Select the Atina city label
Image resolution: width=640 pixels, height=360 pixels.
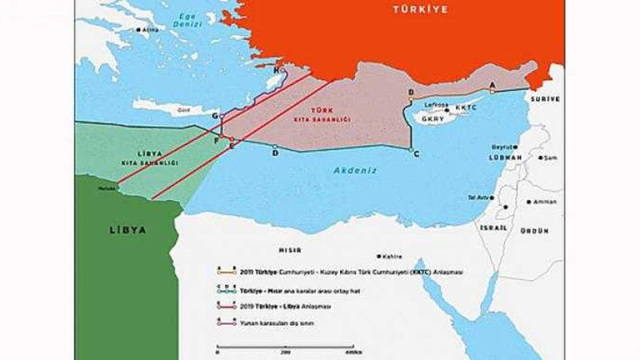pyautogui.click(x=149, y=30)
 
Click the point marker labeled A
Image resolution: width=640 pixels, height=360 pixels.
pyautogui.click(x=492, y=90)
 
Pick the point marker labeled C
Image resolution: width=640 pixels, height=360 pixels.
pyautogui.click(x=410, y=150)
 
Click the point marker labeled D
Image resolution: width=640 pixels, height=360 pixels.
pyautogui.click(x=274, y=147)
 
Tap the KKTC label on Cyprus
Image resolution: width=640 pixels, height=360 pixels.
pyautogui.click(x=466, y=107)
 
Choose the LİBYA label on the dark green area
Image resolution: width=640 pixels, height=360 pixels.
pyautogui.click(x=127, y=230)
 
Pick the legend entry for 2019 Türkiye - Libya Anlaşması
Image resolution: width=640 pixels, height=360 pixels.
pyautogui.click(x=288, y=306)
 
